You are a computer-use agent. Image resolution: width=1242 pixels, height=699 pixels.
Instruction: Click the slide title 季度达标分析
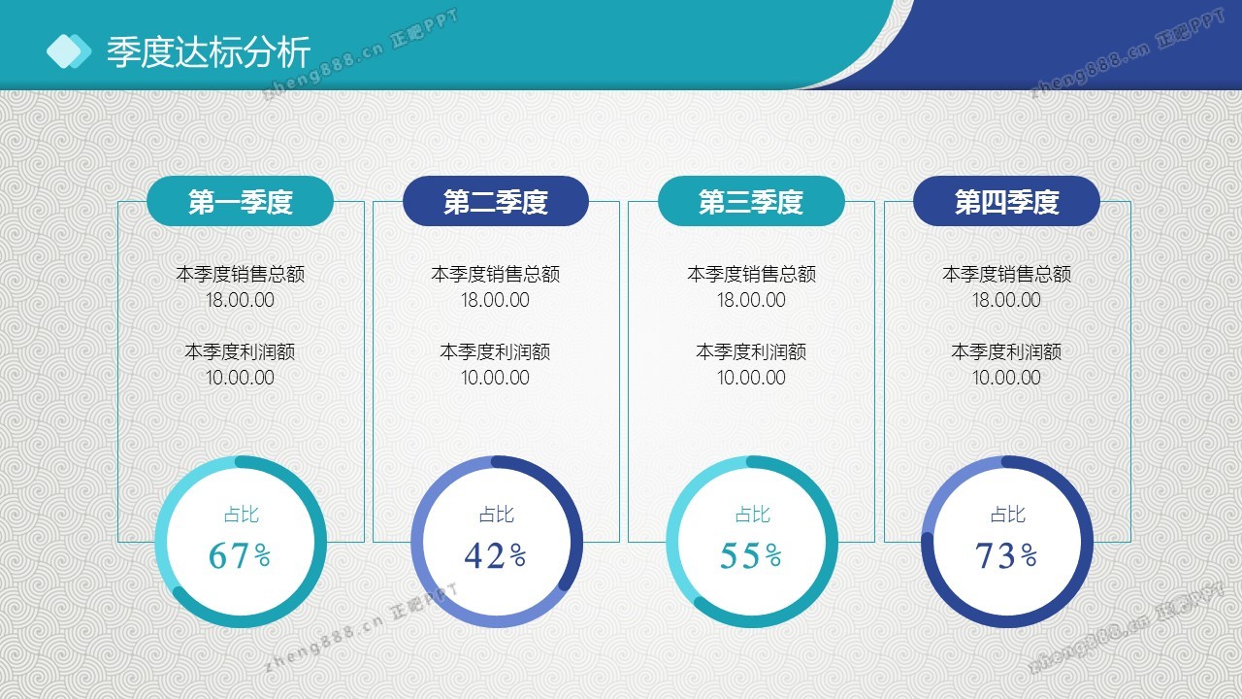point(209,52)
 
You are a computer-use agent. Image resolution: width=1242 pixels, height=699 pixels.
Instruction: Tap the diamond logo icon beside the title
point(69,51)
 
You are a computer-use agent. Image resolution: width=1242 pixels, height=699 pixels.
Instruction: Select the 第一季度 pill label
point(240,201)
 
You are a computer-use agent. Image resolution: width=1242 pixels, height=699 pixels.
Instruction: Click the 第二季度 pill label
point(496,201)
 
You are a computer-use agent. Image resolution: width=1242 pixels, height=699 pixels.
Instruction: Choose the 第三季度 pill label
point(751,201)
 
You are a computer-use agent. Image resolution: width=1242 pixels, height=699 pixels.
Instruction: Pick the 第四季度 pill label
point(1007,201)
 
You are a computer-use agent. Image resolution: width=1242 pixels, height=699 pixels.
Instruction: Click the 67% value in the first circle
point(240,555)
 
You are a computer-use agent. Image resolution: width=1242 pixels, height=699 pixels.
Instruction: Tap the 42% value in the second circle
point(496,555)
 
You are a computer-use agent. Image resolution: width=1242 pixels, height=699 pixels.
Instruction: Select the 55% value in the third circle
point(751,555)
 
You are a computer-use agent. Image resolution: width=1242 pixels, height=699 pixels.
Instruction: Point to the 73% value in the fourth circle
point(1006,555)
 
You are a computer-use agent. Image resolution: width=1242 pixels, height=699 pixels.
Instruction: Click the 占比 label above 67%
point(242,515)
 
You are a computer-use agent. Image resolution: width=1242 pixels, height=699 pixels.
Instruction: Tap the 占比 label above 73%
point(1008,515)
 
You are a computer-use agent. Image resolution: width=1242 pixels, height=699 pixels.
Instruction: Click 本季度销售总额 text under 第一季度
point(240,274)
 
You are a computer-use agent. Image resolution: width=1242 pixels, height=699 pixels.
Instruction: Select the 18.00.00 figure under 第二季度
point(495,300)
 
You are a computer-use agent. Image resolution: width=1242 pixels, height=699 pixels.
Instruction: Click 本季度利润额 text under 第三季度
point(751,351)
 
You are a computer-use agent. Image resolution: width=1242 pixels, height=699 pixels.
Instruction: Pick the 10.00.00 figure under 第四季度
point(1006,378)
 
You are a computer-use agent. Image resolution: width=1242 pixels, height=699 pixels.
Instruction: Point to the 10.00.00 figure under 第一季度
point(240,378)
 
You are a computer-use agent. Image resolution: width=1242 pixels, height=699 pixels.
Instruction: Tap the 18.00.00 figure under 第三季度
point(751,300)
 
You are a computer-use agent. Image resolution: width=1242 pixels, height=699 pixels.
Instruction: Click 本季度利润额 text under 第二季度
point(495,351)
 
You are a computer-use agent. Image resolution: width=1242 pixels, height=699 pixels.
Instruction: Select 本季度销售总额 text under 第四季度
point(1007,274)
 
